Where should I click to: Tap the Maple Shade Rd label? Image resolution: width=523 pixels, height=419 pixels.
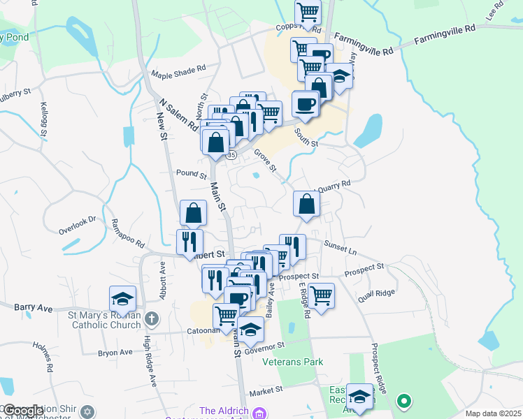(x=178, y=71)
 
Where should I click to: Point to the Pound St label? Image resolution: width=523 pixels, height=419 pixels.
(x=192, y=173)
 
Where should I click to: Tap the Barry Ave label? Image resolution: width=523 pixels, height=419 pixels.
(x=34, y=307)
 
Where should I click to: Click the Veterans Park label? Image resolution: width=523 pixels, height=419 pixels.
(x=293, y=362)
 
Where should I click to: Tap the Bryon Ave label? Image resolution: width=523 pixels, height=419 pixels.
(x=115, y=353)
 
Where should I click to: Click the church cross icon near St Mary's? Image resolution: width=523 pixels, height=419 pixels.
(x=153, y=320)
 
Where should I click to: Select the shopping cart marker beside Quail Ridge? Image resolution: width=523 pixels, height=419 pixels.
(x=321, y=294)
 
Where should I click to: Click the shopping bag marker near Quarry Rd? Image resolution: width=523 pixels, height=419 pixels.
(x=306, y=204)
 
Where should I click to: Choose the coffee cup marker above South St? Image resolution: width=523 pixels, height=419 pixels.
(x=305, y=104)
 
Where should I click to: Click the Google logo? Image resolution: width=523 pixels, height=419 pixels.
(x=23, y=411)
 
